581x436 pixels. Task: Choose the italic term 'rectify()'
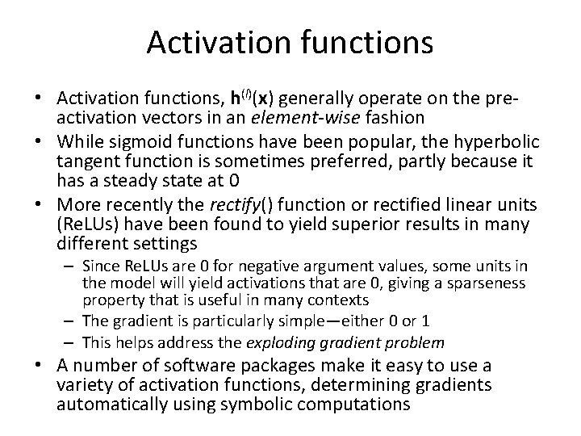pyautogui.click(x=240, y=203)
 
